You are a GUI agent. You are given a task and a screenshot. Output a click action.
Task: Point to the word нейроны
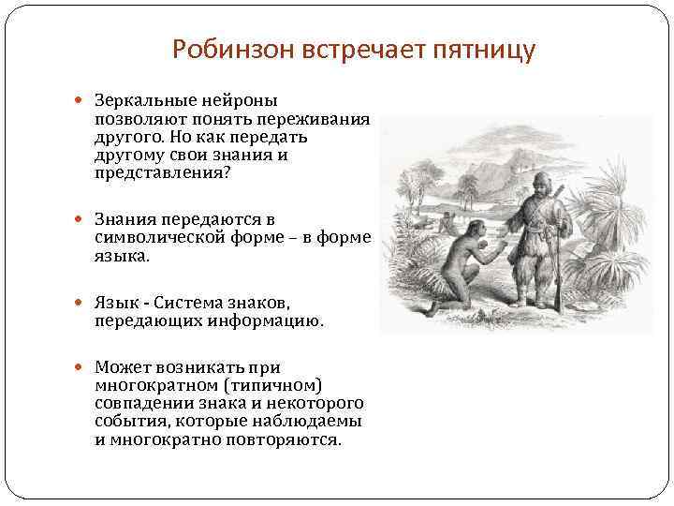pos(244,101)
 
